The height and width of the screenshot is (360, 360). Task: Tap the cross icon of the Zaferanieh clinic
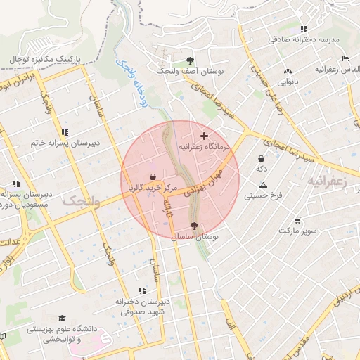point(204,135)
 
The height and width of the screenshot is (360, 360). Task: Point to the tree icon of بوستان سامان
point(194,226)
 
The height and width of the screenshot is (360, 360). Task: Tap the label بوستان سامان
point(195,239)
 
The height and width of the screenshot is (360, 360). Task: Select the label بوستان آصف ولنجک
point(189,72)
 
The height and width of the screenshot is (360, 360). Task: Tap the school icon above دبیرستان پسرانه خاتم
point(65,131)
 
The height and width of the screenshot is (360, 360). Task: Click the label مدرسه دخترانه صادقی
point(303,40)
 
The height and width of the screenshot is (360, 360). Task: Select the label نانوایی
point(287,82)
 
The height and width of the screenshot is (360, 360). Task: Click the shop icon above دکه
point(262,157)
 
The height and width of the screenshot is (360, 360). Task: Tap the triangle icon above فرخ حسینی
point(263,184)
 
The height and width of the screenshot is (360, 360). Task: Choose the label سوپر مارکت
point(298,231)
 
